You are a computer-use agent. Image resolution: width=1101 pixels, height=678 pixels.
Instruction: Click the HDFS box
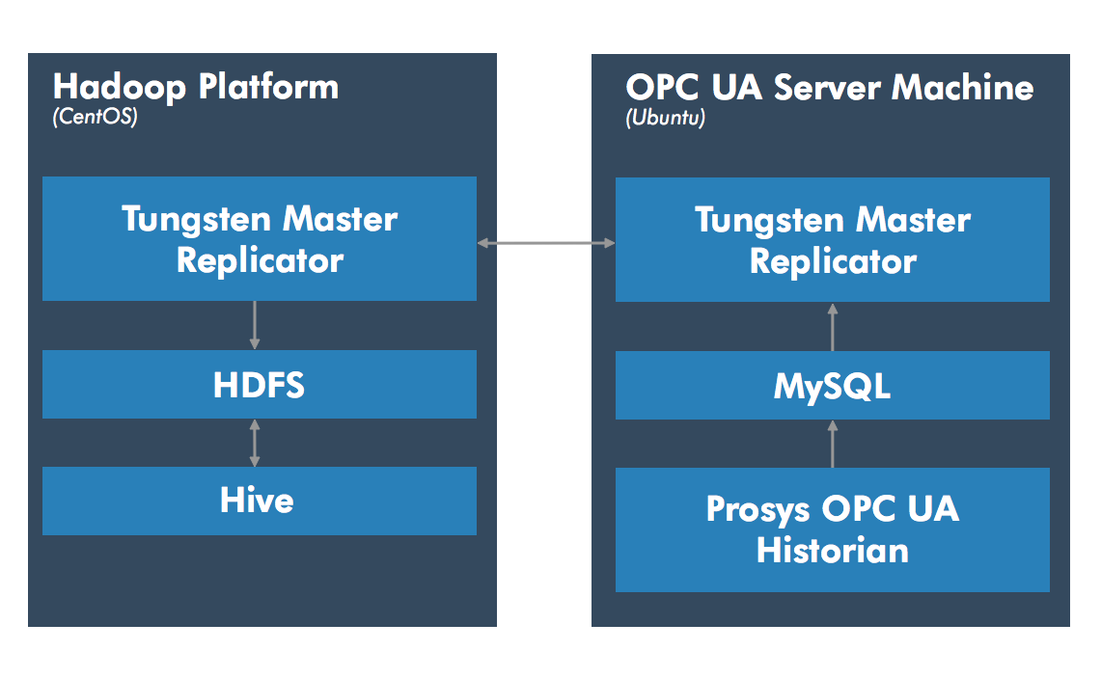(260, 384)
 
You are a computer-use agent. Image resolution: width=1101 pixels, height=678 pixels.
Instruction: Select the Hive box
(260, 501)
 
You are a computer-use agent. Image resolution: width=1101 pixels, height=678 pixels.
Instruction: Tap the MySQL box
(832, 386)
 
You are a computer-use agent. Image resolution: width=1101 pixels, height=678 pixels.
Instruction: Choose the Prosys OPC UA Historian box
(832, 529)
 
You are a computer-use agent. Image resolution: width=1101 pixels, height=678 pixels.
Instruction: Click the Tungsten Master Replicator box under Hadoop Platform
(260, 238)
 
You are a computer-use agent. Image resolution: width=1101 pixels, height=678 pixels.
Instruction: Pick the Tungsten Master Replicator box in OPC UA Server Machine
(832, 239)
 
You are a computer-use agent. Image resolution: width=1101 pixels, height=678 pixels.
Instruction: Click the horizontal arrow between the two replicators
(546, 243)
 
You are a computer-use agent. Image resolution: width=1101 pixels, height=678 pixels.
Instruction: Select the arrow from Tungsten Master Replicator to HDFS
(254, 325)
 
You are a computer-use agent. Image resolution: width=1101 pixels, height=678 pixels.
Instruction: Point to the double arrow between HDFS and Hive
(254, 443)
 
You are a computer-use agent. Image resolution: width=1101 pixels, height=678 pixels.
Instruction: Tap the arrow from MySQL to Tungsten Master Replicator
(833, 327)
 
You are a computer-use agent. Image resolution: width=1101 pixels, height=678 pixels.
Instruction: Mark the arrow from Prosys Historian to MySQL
(833, 444)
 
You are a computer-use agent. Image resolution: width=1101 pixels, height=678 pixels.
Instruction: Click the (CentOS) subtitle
(95, 117)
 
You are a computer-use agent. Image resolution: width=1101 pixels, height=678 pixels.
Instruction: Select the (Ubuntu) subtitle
(665, 118)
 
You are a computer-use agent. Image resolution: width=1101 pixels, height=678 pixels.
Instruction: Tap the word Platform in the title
(268, 87)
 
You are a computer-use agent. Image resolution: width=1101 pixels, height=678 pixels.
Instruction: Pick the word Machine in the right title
(963, 88)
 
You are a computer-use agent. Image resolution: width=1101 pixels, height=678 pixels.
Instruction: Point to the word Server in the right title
(827, 88)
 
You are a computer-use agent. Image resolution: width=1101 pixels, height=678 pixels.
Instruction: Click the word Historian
(833, 550)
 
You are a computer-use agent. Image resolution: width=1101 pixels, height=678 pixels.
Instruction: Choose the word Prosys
(757, 510)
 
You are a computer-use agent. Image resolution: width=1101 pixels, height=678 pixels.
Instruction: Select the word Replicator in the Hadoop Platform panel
(260, 261)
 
